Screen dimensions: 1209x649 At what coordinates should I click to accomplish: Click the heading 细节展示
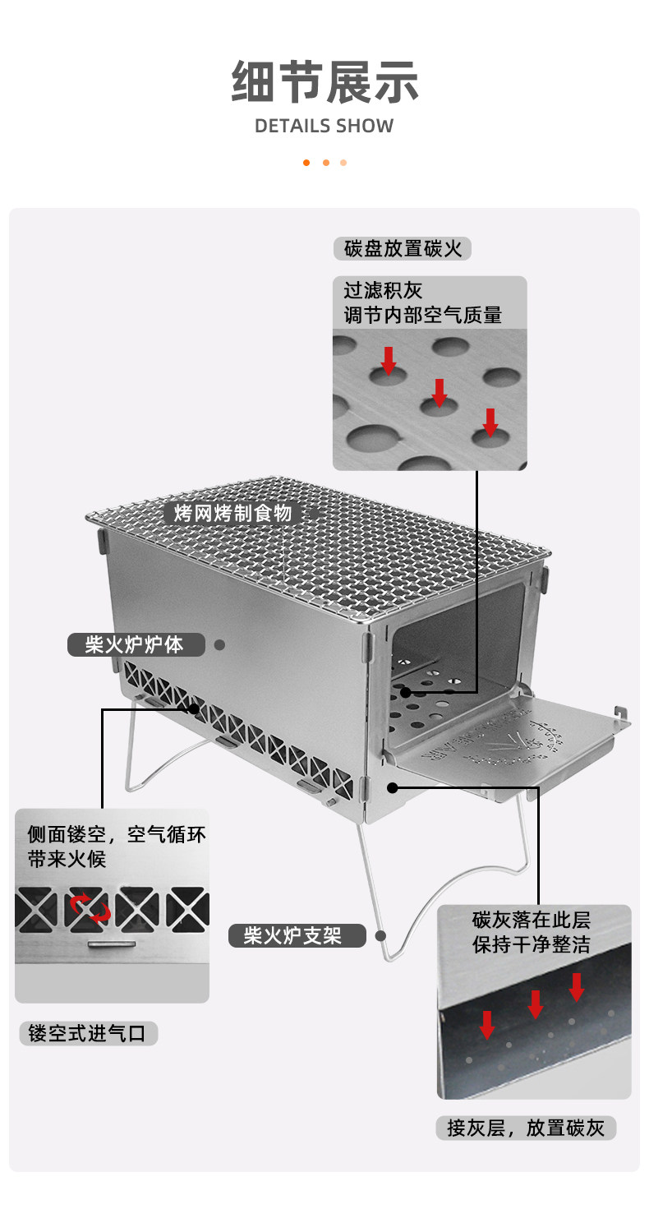click(x=324, y=83)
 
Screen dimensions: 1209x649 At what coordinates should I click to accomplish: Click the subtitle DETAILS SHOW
click(x=324, y=126)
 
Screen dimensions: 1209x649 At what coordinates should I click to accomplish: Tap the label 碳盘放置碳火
click(x=403, y=248)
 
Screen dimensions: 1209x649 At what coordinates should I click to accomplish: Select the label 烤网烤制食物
click(x=232, y=514)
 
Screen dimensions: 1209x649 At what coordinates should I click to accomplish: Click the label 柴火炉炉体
click(x=136, y=644)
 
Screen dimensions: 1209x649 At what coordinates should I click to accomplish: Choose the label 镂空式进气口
click(x=88, y=1033)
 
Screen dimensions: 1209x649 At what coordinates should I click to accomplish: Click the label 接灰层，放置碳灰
click(x=526, y=1128)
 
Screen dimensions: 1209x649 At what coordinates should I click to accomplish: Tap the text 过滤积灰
click(x=383, y=291)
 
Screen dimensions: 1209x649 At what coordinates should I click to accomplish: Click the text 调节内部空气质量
click(x=422, y=315)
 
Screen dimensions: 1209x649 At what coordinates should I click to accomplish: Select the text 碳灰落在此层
click(x=532, y=919)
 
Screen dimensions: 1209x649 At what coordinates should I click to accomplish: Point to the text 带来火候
click(x=67, y=860)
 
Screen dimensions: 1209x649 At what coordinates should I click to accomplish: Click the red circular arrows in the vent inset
click(x=90, y=908)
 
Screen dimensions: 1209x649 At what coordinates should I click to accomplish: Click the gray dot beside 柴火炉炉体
click(x=219, y=644)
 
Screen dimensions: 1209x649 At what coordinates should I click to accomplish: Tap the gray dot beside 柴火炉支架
click(x=380, y=934)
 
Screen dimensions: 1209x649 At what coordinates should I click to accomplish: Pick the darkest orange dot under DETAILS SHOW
click(x=306, y=162)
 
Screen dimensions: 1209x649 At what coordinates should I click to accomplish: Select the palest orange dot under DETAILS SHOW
click(x=343, y=162)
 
